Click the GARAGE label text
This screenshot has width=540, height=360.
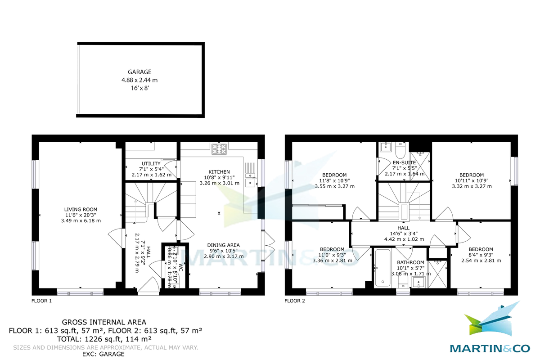[139, 72]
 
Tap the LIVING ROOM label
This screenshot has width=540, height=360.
[81, 210]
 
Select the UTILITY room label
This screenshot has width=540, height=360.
[151, 163]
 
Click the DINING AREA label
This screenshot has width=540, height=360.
[224, 245]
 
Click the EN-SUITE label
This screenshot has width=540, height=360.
[404, 162]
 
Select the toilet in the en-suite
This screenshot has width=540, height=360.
[400, 148]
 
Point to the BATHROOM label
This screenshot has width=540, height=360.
[410, 262]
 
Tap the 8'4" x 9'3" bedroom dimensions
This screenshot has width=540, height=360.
[481, 255]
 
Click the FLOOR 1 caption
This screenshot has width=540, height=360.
[41, 301]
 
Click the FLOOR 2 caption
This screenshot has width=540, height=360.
[295, 301]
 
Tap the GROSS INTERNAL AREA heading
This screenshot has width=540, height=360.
[104, 322]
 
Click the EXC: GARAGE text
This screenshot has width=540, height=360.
[104, 354]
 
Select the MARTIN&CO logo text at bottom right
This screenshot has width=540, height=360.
[489, 348]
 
